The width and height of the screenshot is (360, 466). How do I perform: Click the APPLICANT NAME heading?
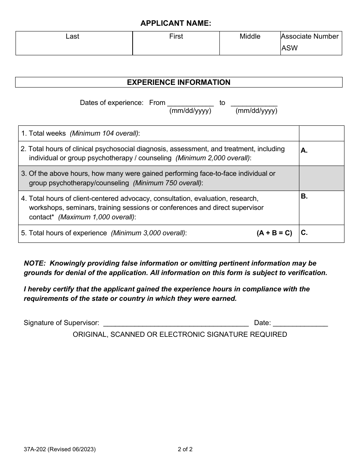click(176, 23)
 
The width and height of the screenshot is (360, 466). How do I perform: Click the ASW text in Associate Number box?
click(290, 48)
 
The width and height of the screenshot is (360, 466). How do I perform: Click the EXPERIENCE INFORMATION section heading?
click(178, 82)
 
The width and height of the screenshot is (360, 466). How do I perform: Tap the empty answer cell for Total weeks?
click(321, 133)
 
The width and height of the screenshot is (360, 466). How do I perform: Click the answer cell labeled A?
click(321, 153)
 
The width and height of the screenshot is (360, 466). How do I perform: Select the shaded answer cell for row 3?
click(321, 178)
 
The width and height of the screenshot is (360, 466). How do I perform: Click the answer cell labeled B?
click(321, 208)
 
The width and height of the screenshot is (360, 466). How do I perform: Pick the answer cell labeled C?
click(321, 233)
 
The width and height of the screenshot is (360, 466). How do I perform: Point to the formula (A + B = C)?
click(274, 233)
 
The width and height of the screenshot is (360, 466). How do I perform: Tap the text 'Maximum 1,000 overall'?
click(97, 217)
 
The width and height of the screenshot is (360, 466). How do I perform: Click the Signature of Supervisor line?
click(176, 323)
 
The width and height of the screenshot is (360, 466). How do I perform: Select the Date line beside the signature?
click(300, 323)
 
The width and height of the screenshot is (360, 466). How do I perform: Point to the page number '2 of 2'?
click(185, 450)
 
